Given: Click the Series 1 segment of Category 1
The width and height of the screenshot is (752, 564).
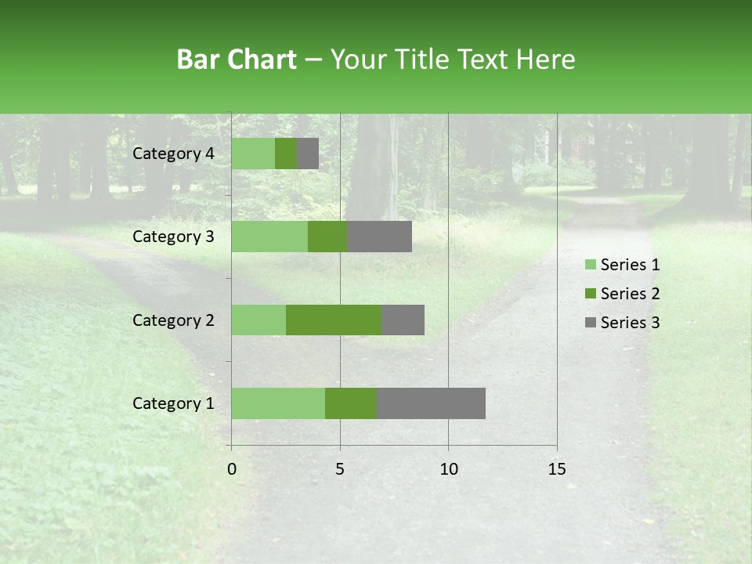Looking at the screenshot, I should [278, 403].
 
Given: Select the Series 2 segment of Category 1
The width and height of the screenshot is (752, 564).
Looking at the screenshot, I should [351, 403].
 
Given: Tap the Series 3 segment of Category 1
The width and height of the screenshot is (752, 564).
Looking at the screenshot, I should [431, 403].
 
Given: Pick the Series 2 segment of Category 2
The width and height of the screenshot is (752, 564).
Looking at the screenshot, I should [334, 320].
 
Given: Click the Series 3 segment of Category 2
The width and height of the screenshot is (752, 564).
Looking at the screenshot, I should [403, 320].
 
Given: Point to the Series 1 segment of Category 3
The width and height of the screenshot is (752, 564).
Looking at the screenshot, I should [269, 237].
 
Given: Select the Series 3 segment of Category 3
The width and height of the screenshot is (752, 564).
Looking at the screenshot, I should [379, 237].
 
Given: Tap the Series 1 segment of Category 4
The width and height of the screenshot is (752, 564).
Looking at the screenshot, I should [253, 154].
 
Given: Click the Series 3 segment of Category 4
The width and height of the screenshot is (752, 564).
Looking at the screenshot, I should [308, 154].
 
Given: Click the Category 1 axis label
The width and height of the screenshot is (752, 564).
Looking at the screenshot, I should [173, 403].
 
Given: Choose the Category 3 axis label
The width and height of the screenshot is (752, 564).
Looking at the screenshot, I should [173, 237].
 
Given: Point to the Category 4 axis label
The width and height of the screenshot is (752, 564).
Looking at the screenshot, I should [173, 154].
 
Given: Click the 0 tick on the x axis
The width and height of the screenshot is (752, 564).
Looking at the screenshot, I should [232, 469].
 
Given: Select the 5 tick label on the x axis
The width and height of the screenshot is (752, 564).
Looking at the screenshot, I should [340, 469].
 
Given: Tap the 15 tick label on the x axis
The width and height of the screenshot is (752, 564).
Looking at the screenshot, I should [557, 469].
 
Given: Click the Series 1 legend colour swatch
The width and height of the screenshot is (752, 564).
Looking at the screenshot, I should [590, 265].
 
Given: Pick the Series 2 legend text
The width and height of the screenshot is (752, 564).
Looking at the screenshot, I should [630, 294].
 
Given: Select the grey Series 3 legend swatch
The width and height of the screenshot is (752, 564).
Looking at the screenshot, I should [590, 323].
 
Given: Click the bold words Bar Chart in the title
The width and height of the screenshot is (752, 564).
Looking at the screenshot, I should [237, 60].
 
